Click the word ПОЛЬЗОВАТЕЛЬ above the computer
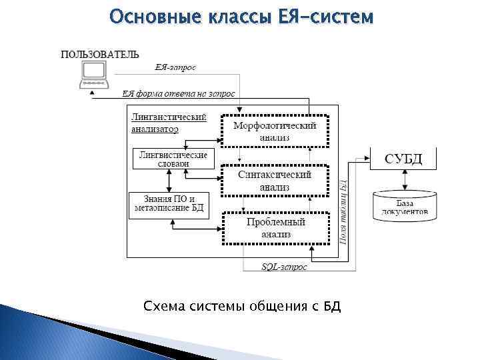100,54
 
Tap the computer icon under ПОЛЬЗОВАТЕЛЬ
93,74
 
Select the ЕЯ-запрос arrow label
175,67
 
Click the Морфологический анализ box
275,131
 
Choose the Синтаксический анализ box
275,181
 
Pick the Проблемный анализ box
275,228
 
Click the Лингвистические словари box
173,159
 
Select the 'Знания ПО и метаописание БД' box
169,204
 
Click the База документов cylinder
405,206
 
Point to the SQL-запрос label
284,267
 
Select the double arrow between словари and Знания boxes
169,180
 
